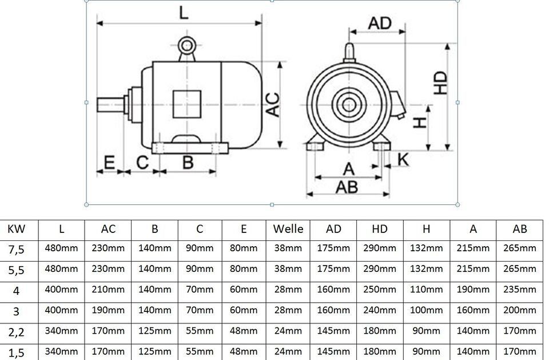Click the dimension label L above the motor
pyautogui.click(x=183, y=13)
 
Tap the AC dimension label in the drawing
pyautogui.click(x=274, y=104)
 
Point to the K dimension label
pyautogui.click(x=403, y=160)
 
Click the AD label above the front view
pyautogui.click(x=379, y=23)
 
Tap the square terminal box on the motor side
pyautogui.click(x=187, y=104)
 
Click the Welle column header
pyautogui.click(x=288, y=229)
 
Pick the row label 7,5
pyautogui.click(x=15, y=249)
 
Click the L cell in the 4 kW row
pyautogui.click(x=61, y=290)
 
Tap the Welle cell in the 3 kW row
pyautogui.click(x=288, y=310)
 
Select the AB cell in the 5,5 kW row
pyautogui.click(x=520, y=269)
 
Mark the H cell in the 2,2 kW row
pyautogui.click(x=426, y=331)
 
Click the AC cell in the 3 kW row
pyautogui.click(x=108, y=310)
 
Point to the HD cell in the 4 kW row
pyautogui.click(x=379, y=290)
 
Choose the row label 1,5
pyautogui.click(x=15, y=351)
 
